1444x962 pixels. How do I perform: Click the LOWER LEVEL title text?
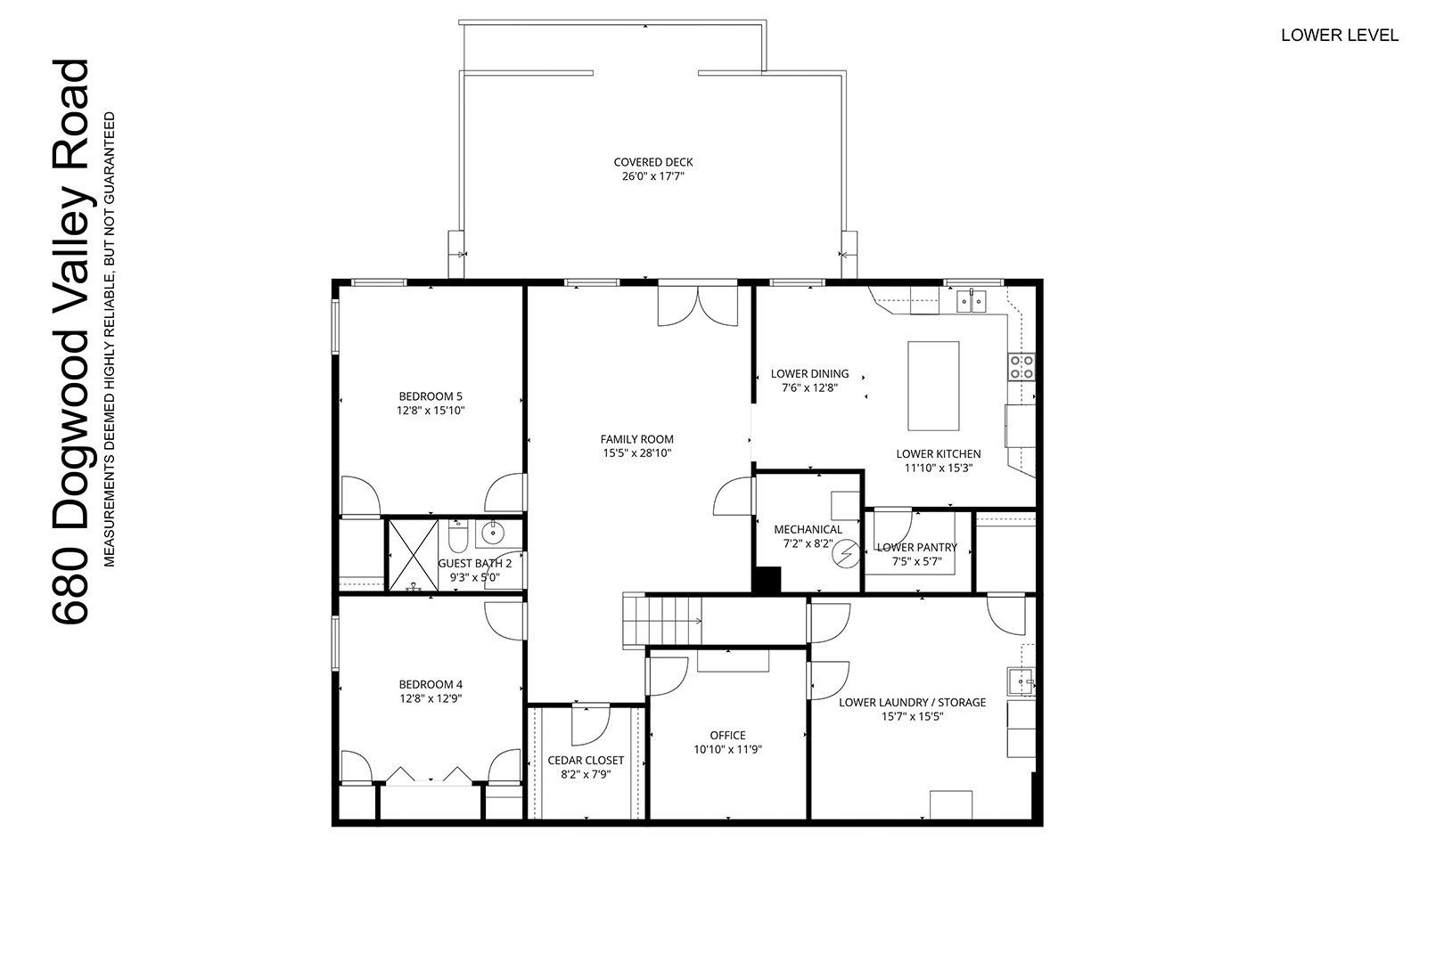1340,36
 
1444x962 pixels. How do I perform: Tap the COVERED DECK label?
653,162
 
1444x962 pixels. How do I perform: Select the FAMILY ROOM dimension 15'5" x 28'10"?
637,453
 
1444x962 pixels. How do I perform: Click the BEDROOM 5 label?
431,396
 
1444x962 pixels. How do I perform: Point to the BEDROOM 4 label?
431,684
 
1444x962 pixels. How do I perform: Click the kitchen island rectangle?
932,386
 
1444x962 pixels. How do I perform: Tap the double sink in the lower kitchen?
971,302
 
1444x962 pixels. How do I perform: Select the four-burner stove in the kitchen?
1021,367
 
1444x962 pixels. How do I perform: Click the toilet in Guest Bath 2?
457,537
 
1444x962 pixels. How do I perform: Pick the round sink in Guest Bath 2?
493,533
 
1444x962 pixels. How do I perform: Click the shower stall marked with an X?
414,555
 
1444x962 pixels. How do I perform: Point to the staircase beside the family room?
662,620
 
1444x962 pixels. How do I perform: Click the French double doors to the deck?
698,306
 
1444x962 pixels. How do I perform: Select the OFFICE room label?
728,735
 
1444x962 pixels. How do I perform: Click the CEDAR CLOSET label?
586,761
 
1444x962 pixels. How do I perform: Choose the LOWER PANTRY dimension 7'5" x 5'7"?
916,562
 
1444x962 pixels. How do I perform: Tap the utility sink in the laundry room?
1021,681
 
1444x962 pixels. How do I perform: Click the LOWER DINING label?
809,374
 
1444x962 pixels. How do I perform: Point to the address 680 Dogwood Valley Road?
71,342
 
